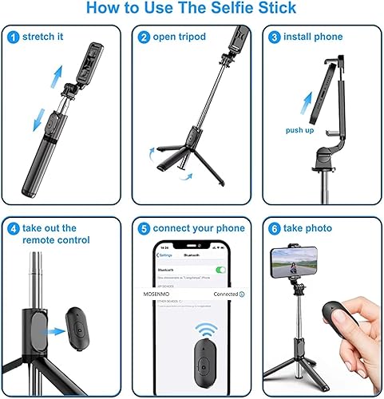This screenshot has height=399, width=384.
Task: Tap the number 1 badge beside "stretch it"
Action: click(x=14, y=37)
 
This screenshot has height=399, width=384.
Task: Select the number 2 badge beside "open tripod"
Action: click(x=144, y=37)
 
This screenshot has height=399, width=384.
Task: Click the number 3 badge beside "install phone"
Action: click(x=275, y=37)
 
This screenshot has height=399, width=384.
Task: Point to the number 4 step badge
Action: click(x=12, y=227)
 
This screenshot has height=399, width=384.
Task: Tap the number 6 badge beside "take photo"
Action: click(x=275, y=227)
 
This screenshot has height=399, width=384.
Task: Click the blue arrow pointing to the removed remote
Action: click(x=53, y=330)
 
